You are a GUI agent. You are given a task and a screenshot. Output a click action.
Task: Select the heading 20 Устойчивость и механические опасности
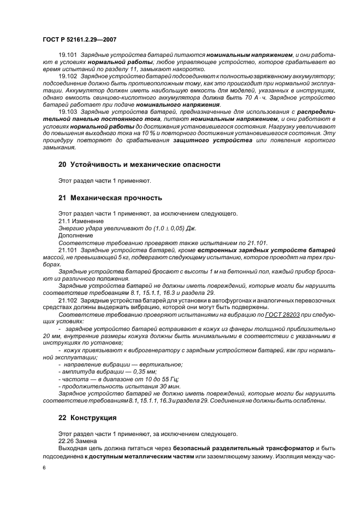139,164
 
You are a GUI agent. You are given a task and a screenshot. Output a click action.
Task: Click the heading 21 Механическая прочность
110,197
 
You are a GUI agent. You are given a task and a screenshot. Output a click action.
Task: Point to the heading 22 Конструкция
87,418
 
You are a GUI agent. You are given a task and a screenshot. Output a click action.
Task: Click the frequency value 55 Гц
169,379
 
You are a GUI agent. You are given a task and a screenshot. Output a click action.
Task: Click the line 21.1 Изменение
79,220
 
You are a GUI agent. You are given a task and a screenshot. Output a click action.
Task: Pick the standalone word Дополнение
75,235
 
